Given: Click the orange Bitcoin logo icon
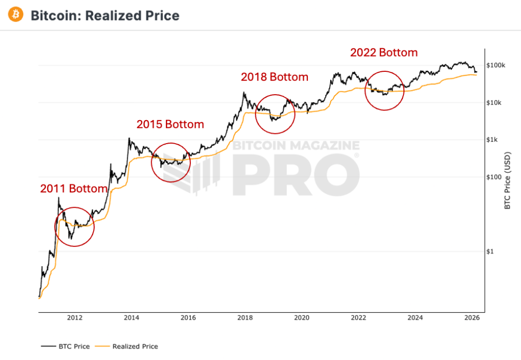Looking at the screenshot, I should coord(16,15).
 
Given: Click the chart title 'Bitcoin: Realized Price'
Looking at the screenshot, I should coord(105,16).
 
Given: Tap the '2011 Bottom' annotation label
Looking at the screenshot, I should coord(74,188).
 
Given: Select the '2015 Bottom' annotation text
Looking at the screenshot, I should coord(170,124).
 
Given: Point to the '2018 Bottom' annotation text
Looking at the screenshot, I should coord(274,77).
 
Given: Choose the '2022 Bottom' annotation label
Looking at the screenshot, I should coord(384,52).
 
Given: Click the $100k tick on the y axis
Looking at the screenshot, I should coord(495,66).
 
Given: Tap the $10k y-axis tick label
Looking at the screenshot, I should coord(495,103).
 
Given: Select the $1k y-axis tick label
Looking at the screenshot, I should coord(493,140).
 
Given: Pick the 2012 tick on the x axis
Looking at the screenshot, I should coord(75,318).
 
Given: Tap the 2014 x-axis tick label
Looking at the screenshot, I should coord(131,318).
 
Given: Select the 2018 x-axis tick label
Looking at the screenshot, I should coord(245,318).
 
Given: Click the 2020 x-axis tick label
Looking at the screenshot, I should coord(302,318).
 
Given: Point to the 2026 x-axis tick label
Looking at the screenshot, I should coord(472,318).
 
